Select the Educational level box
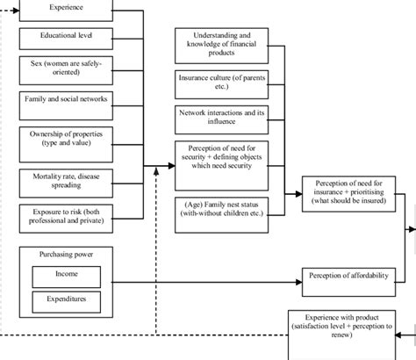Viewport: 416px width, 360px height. (x=67, y=38)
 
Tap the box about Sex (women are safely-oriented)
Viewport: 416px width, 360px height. (x=67, y=68)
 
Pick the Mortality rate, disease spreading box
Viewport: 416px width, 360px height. (x=67, y=182)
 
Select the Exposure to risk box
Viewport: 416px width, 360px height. (x=67, y=216)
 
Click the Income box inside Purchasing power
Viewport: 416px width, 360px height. (x=66, y=277)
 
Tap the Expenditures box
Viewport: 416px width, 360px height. (x=66, y=301)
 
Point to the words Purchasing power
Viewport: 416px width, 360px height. (x=66, y=255)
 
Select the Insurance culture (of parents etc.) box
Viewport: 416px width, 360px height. (x=221, y=84)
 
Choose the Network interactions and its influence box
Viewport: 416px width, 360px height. (x=221, y=118)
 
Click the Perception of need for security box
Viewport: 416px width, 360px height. (x=221, y=164)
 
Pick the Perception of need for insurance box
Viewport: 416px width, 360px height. (x=349, y=192)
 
